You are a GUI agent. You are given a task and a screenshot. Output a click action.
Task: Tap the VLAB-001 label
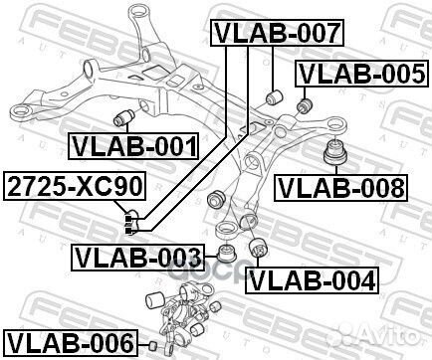134,147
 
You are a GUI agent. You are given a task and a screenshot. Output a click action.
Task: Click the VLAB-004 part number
312,280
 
